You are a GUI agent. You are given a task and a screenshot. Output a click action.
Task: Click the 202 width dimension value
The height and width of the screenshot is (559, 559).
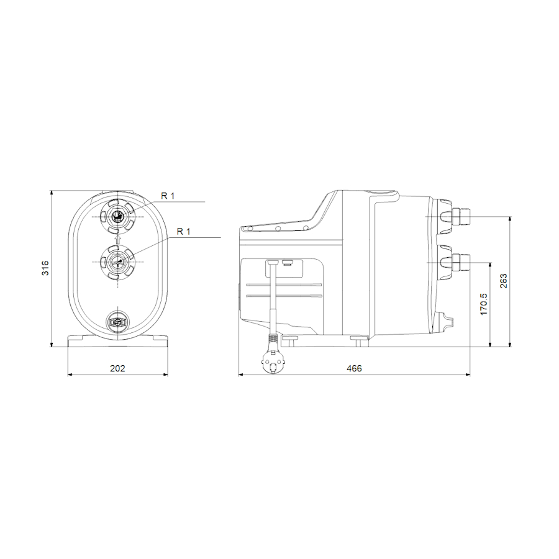pos(117,368)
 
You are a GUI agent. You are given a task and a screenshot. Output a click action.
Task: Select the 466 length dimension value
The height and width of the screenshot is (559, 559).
pos(354,368)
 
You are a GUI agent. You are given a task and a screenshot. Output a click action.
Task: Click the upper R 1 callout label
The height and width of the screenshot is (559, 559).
pos(168,196)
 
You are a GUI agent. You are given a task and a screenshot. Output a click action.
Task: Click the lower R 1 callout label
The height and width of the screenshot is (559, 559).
pos(184,232)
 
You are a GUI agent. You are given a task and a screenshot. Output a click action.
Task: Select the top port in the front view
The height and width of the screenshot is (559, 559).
pos(117,217)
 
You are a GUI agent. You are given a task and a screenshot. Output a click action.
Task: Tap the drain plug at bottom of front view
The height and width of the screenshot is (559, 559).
pos(117,322)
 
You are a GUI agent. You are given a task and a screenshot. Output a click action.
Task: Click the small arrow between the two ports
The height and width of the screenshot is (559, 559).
pos(117,239)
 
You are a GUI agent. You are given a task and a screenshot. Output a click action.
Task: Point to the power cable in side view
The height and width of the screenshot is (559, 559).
pos(272,298)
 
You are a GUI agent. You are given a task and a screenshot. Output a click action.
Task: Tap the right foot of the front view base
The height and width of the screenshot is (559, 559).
pos(155,341)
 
